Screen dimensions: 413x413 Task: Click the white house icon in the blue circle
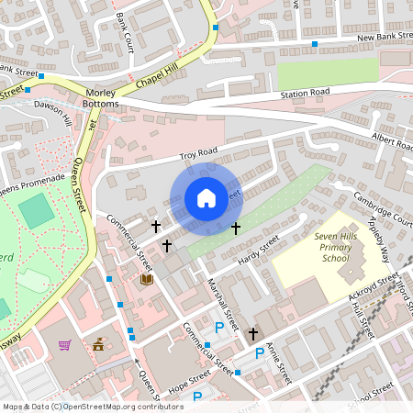[x=206, y=198]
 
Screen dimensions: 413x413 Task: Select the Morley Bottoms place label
[x=101, y=99]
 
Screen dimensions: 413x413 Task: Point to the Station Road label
[x=305, y=94]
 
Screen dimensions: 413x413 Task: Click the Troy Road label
[x=197, y=151]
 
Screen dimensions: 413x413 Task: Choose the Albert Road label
[x=391, y=140]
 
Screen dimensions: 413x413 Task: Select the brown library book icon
[x=146, y=279]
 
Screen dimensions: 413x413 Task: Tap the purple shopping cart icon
[x=65, y=345]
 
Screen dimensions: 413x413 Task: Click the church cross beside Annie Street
[x=254, y=335]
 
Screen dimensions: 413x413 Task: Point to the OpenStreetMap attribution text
[x=93, y=406]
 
